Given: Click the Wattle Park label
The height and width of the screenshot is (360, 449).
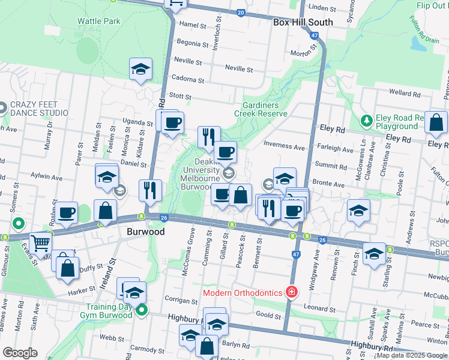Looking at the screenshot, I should point(98,21).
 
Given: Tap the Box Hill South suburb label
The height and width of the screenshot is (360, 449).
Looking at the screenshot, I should point(303,22).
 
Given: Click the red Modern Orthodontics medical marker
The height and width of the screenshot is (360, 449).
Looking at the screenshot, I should point(292,292).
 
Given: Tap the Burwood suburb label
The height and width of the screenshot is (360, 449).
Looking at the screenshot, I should point(142,230).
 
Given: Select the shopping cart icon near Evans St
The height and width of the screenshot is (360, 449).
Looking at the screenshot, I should point(41,242).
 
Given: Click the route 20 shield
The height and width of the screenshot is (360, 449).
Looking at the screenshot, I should point(241,12).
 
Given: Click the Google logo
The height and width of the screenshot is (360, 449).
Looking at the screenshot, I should point(20,352).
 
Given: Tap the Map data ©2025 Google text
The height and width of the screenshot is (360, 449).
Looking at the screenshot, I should point(412,355).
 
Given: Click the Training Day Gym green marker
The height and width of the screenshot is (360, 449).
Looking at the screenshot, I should point(142,310).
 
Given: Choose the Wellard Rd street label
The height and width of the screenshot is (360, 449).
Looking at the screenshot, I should point(404,93).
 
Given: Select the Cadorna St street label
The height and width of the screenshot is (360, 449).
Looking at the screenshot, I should point(188,79).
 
